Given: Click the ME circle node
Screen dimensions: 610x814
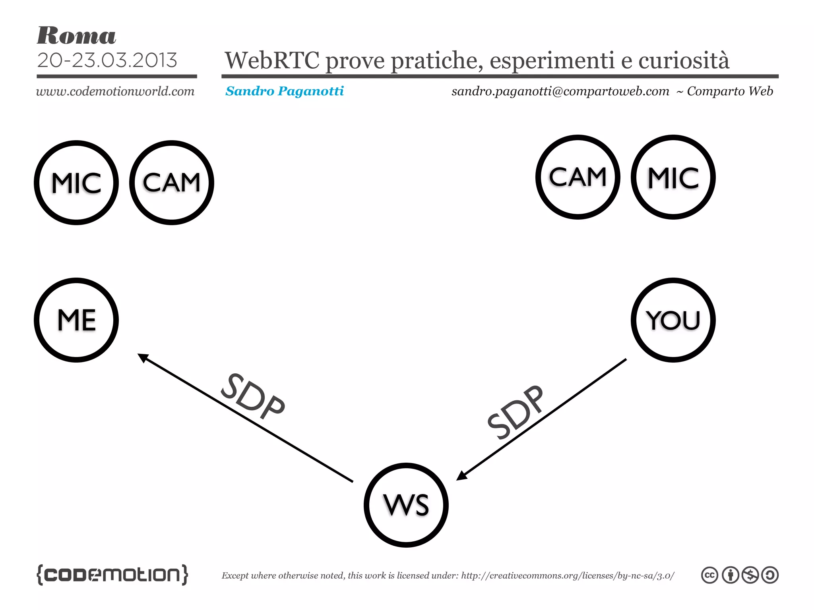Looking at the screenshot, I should (76, 320).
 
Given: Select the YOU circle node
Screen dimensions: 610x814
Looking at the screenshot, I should (673, 320).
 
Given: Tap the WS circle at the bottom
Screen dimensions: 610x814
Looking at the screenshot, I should (406, 505).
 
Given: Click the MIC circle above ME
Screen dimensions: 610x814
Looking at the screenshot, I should (76, 183).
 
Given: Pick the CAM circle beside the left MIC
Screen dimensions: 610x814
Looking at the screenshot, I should (172, 183).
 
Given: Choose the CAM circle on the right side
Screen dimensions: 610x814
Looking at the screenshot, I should (578, 177).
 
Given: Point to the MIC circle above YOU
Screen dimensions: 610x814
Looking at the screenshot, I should (673, 177).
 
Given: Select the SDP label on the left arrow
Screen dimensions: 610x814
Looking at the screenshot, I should (253, 396).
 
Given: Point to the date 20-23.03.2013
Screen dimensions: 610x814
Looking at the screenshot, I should (107, 60).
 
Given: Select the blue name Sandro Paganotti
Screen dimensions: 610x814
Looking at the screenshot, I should (285, 91).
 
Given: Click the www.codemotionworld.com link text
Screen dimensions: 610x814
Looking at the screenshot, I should (115, 91).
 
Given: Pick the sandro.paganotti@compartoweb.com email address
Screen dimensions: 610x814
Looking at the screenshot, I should (560, 91).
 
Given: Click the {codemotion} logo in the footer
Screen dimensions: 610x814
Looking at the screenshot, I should (112, 574).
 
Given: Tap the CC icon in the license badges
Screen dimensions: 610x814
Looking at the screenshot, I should (709, 575).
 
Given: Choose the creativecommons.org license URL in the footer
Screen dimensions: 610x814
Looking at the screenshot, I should (568, 575).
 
